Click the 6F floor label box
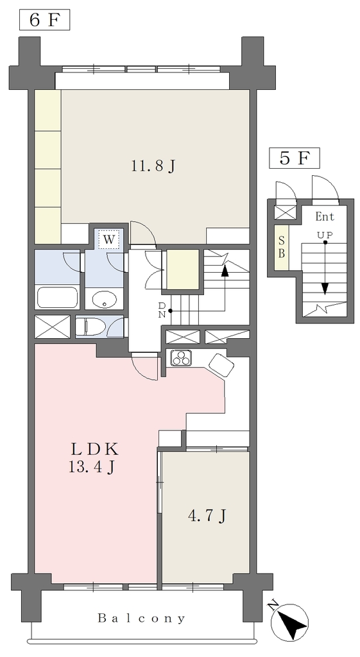coord(44,21)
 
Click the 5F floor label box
coord(295,158)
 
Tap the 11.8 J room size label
coord(153,167)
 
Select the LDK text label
coord(95,450)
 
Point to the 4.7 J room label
coord(207,516)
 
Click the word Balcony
coord(141,618)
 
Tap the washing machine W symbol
coord(108,240)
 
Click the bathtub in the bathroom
coord(57,298)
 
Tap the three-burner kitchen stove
coord(182,358)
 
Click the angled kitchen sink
coord(221,365)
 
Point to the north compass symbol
coord(289,620)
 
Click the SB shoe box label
coord(282,248)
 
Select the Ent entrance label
coord(325,217)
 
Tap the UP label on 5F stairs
coord(325,235)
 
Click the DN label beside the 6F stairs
coord(162,311)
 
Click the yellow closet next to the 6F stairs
coord(183,269)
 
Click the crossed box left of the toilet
coord(53,327)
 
